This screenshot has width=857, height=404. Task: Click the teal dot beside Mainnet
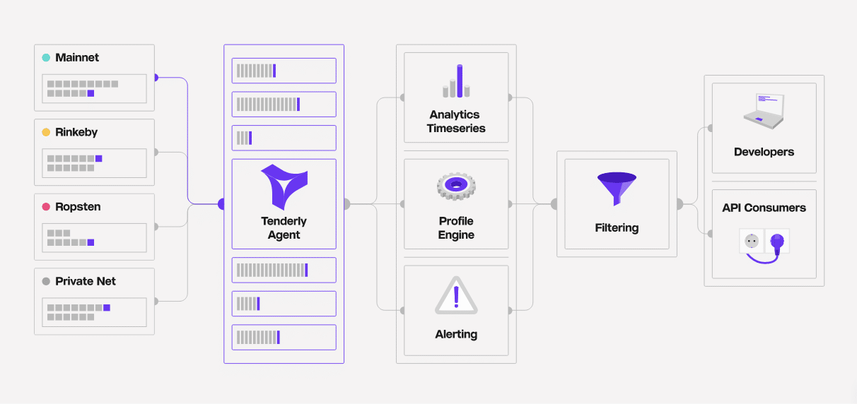point(46,58)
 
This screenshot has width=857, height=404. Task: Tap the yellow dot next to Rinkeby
point(46,132)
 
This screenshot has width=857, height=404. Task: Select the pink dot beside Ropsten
point(46,207)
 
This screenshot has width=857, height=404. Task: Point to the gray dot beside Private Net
point(46,281)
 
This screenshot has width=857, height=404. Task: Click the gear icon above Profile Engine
point(456,186)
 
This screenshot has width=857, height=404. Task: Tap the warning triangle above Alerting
point(456,296)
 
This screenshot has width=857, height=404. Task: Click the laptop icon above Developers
point(764,112)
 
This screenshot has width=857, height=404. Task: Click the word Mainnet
point(77,58)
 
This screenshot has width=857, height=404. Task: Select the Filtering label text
point(617,228)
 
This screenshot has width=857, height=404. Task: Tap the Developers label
point(764,152)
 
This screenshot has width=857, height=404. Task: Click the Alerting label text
point(456,334)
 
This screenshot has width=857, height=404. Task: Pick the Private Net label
point(86,281)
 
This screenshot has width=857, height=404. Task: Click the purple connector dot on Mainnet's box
point(156,78)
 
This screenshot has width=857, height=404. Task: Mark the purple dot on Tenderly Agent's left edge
point(221,204)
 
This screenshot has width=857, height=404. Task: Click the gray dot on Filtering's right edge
point(679,204)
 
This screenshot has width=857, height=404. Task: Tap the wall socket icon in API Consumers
point(751,241)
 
